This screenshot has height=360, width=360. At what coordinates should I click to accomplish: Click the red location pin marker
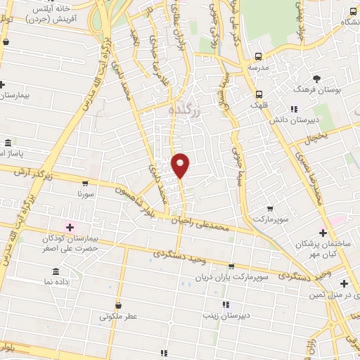tap(181, 165)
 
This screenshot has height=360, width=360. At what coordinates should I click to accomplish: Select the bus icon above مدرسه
tap(259, 56)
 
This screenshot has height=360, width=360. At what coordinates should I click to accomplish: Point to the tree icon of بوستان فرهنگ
tap(318, 79)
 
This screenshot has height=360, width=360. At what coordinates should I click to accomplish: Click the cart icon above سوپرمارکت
tap(270, 209)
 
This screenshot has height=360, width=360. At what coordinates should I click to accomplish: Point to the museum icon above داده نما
tap(55, 271)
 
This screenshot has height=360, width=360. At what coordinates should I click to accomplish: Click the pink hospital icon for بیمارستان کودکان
tap(69, 226)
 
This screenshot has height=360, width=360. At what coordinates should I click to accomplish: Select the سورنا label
tap(84, 192)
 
